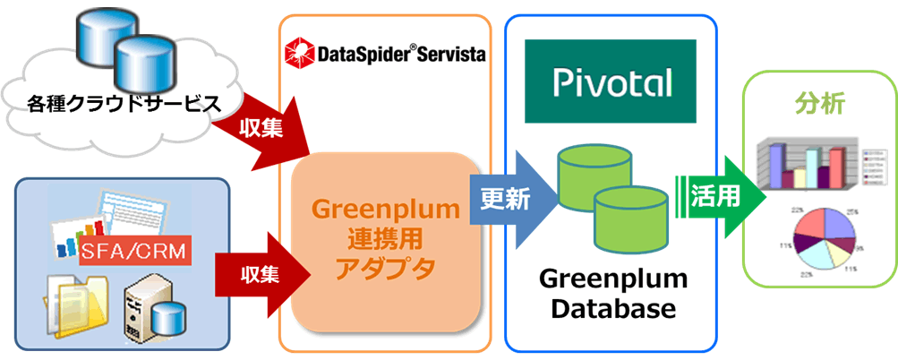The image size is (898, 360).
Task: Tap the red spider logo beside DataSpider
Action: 297,53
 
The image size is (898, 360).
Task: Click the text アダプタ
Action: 385,269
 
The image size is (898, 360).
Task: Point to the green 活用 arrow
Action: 716,196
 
